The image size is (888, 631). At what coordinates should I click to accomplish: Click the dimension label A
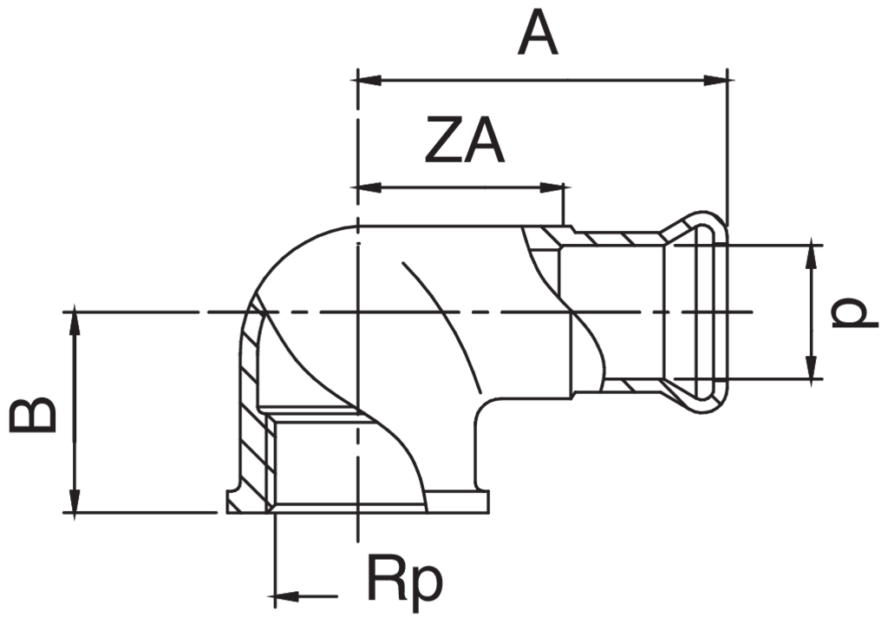pyautogui.click(x=538, y=35)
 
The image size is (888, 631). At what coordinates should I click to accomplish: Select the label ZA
pyautogui.click(x=464, y=143)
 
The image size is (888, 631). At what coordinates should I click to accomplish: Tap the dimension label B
pyautogui.click(x=33, y=416)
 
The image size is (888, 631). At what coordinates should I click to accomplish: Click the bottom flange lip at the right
pyautogui.click(x=481, y=502)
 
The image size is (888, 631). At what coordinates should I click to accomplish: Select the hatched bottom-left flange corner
pyautogui.click(x=247, y=499)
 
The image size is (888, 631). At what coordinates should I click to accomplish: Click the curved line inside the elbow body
pyautogui.click(x=442, y=321)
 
